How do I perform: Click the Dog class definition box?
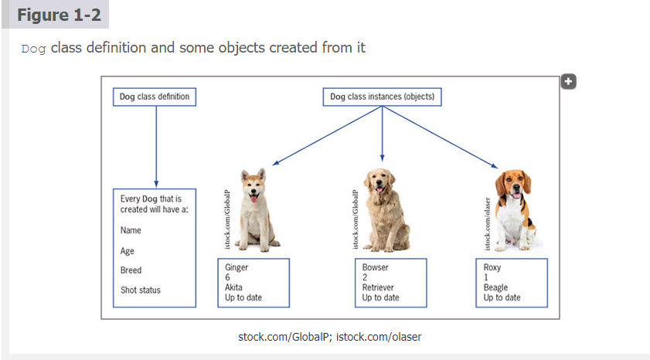click(x=155, y=97)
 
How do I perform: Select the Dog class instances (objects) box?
click(x=382, y=97)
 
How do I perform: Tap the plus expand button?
click(x=568, y=81)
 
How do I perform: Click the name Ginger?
click(x=237, y=267)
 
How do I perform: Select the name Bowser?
click(x=376, y=267)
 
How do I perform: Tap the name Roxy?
click(x=492, y=267)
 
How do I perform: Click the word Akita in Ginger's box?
click(x=233, y=287)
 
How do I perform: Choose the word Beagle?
click(x=496, y=287)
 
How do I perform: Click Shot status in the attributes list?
click(x=141, y=290)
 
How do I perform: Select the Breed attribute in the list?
click(x=131, y=270)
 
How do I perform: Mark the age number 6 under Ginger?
click(x=227, y=277)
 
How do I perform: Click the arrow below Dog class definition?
click(x=156, y=147)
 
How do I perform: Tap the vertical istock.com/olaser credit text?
click(x=488, y=223)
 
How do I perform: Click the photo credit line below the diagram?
click(x=330, y=337)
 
